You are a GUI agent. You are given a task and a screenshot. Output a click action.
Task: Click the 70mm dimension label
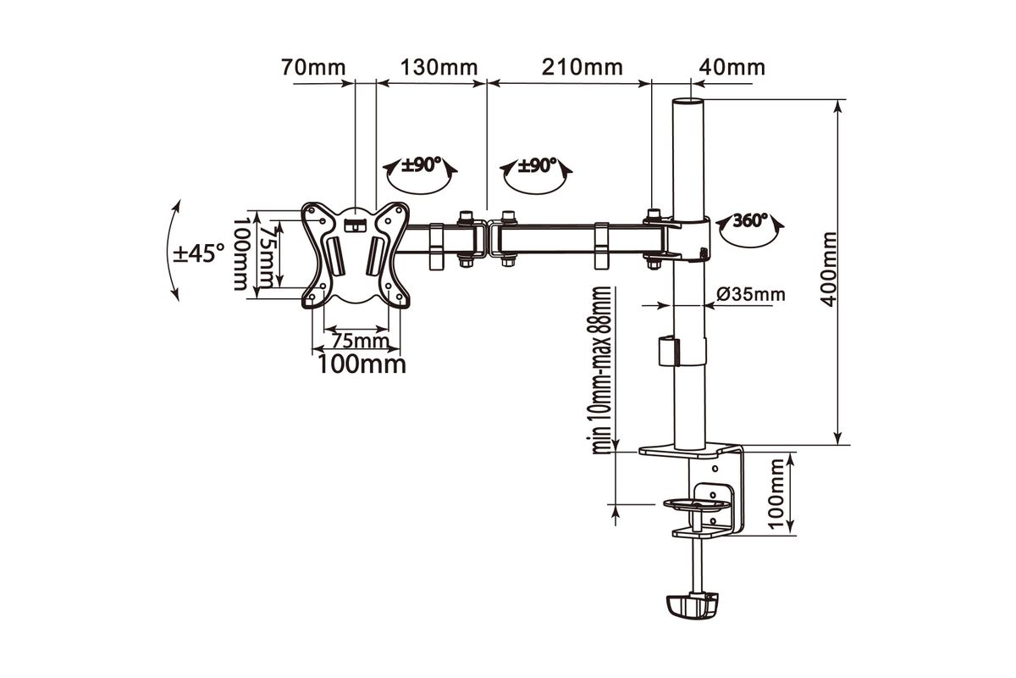click(313, 68)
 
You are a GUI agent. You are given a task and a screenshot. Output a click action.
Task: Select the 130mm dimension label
click(439, 68)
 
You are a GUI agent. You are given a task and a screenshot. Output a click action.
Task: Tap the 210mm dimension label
click(583, 68)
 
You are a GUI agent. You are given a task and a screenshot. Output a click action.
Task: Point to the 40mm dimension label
click(732, 68)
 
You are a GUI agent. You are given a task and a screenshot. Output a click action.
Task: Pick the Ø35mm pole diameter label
click(751, 295)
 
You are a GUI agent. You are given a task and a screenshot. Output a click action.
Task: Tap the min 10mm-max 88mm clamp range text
click(602, 370)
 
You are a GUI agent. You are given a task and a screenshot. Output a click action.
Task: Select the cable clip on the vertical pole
click(669, 351)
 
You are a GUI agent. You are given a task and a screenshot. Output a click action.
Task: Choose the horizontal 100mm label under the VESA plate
click(362, 364)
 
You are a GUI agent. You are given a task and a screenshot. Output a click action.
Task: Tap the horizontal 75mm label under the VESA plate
click(360, 341)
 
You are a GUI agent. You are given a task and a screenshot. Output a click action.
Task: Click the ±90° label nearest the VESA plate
click(422, 165)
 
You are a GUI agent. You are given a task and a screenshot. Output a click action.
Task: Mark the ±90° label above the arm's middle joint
click(537, 166)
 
